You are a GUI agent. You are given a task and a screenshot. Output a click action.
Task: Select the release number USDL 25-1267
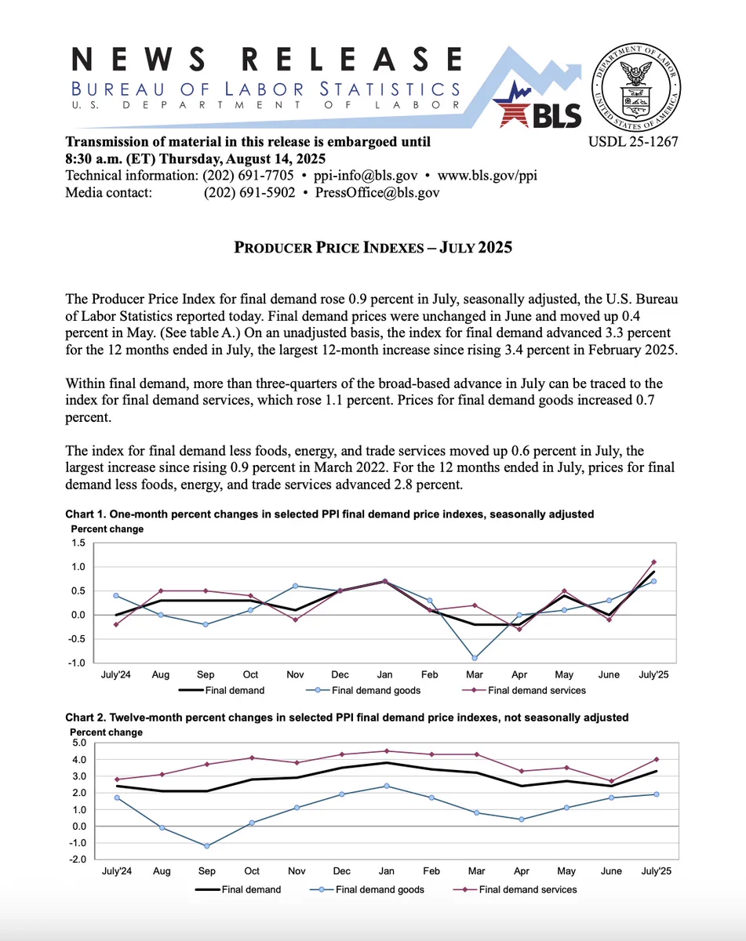click(x=632, y=143)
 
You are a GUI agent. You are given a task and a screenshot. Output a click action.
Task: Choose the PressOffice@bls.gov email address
click(x=377, y=192)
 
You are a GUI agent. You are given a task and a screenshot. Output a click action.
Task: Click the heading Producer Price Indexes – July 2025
click(x=373, y=248)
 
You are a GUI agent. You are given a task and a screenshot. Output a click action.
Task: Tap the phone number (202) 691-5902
click(x=249, y=192)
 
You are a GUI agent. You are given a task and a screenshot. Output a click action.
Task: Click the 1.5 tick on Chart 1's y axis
click(x=78, y=543)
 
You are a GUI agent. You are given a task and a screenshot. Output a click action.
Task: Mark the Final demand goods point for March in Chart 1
click(x=475, y=658)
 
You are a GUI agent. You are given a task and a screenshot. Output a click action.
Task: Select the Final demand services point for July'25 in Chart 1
click(x=653, y=561)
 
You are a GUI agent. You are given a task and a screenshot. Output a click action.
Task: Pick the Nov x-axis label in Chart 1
click(x=295, y=674)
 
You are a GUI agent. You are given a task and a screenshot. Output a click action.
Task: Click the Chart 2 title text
click(x=347, y=717)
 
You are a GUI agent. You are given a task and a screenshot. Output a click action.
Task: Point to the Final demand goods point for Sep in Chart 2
click(x=206, y=845)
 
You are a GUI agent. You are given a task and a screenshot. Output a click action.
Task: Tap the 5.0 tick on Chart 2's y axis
click(x=78, y=742)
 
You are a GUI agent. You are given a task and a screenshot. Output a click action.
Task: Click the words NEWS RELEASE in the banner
click(x=267, y=60)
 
